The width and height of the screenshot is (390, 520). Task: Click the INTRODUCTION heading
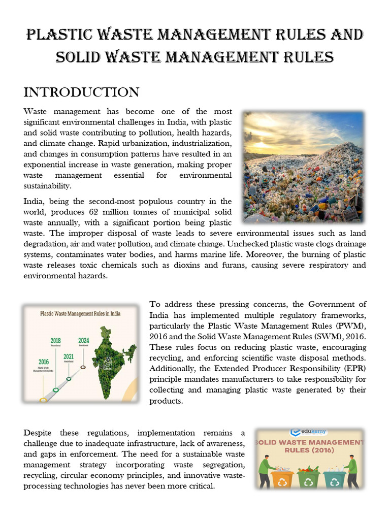point(81,92)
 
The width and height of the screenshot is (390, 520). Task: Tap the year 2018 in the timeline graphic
point(55,340)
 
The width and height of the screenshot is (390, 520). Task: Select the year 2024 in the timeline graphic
point(83,340)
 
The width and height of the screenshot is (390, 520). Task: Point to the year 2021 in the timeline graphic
point(69,356)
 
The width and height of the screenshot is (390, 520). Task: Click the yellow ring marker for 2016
point(43,400)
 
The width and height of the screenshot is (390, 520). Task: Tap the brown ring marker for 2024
point(83,366)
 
